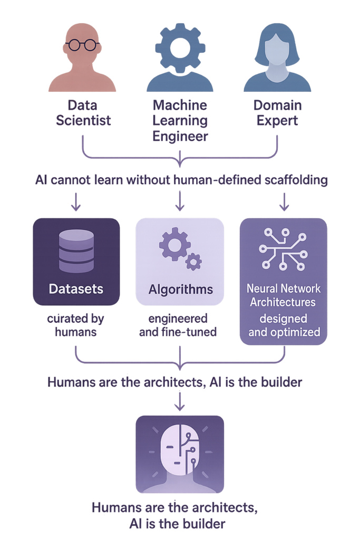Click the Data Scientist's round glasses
point(82,45)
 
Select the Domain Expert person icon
point(277,57)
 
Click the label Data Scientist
point(83,113)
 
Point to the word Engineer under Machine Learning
point(180,137)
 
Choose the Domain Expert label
point(277,113)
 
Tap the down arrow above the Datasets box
point(76,201)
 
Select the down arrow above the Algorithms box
point(180,201)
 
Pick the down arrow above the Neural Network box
point(284,201)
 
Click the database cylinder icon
point(76,251)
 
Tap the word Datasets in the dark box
point(76,289)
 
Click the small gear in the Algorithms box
point(193,262)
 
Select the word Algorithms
point(181,290)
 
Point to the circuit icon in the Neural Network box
point(283,249)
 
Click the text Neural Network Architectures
point(283,295)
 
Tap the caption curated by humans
point(76,325)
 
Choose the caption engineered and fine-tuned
point(178,325)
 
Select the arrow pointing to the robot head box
point(180,401)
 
